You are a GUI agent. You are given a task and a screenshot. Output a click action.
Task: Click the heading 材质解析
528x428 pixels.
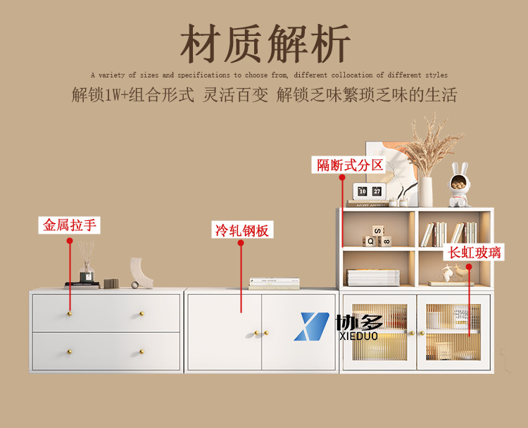(x=264, y=44)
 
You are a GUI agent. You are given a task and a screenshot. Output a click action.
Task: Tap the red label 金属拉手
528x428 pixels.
(x=70, y=225)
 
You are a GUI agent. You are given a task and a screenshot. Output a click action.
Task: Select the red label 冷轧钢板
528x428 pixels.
(x=241, y=230)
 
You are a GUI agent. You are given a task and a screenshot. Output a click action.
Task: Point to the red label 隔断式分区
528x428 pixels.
(x=349, y=165)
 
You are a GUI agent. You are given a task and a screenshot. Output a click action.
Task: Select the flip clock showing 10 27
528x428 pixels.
(x=370, y=191)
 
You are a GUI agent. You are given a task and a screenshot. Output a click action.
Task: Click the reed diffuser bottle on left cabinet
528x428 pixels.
(x=87, y=270)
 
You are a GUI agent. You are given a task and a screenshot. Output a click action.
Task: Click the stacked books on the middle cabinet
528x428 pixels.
(x=274, y=284)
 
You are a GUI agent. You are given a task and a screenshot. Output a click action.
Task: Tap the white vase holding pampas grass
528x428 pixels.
(x=426, y=191)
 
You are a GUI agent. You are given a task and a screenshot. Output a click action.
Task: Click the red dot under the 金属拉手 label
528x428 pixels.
(x=70, y=241)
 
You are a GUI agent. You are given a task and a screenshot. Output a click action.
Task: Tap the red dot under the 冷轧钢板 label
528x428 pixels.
(x=241, y=245)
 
